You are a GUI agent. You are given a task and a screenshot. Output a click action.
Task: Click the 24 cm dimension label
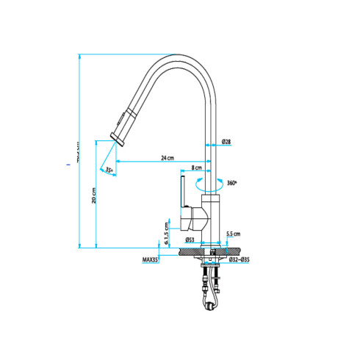[168, 158]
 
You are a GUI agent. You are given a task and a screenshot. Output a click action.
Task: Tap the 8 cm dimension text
[197, 168]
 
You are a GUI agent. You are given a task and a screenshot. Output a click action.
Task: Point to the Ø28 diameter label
[226, 141]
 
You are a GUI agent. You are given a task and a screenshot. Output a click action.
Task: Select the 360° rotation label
[233, 183]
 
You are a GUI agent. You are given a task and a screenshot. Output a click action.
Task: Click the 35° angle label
[109, 170]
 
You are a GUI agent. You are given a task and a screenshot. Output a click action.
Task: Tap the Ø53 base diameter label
[190, 240]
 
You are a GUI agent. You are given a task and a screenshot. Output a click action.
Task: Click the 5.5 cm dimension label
[234, 233]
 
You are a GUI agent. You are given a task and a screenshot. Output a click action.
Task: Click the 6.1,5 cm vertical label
[168, 235]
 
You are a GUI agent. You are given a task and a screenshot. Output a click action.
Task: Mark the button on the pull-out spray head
[123, 119]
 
